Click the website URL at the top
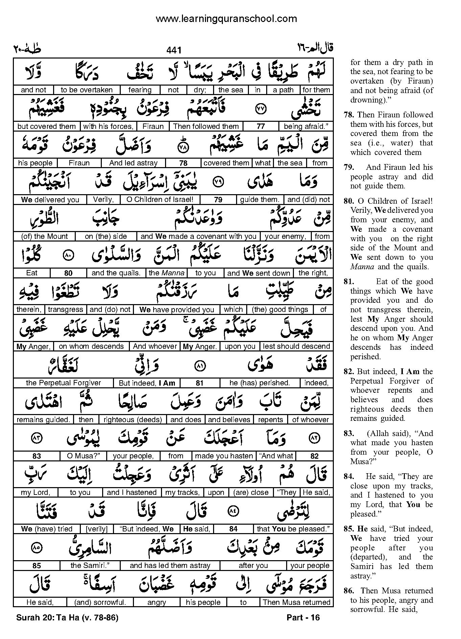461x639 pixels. [x=226, y=19]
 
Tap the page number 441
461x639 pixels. [x=174, y=50]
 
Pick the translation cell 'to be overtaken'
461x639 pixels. [x=87, y=90]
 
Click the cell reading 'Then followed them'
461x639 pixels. [x=206, y=127]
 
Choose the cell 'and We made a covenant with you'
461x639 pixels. [x=199, y=236]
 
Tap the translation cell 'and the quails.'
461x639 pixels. [x=116, y=273]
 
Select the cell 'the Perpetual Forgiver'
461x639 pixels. [x=63, y=383]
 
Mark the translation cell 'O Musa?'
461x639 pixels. [x=82, y=456]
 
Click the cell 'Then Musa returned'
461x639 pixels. [x=296, y=602]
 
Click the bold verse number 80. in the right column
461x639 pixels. [x=348, y=201]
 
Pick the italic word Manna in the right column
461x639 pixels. [x=362, y=267]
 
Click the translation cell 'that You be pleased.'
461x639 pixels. [x=293, y=529]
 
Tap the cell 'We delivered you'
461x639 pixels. [x=50, y=200]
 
